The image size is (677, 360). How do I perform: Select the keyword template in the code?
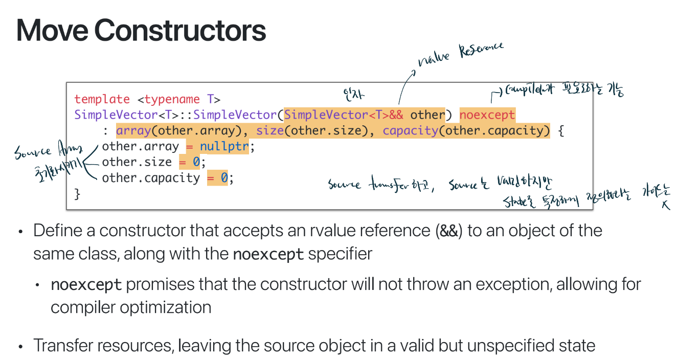point(102,99)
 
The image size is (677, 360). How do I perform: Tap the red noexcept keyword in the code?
point(487,115)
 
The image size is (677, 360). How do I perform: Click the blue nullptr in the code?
point(224,147)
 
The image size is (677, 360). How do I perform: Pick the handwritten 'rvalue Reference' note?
point(461,54)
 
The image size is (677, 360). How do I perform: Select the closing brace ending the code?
point(78,194)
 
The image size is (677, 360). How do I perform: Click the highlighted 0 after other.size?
point(196,163)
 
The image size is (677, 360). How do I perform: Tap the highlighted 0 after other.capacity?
point(224,178)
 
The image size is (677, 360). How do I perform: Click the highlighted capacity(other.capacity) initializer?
point(466,130)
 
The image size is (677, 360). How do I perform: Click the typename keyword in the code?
point(172,99)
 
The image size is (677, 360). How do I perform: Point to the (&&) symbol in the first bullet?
point(450,231)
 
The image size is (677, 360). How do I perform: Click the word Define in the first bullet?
point(57,231)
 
